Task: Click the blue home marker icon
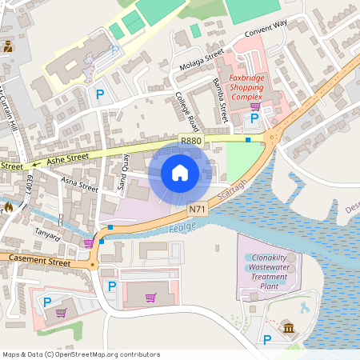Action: [180, 173]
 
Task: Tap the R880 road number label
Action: [191, 141]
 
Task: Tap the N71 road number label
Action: [198, 209]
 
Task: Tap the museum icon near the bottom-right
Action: [287, 326]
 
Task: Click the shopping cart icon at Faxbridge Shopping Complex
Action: [255, 106]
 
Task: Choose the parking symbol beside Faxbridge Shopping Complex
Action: [254, 118]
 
